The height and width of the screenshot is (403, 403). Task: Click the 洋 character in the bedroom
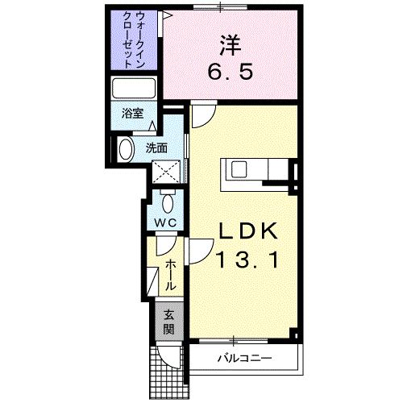[x=231, y=46]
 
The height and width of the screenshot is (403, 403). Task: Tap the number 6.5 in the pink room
[x=231, y=72]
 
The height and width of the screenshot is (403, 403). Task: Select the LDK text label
[x=248, y=231]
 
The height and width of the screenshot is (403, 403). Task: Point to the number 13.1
[x=248, y=260]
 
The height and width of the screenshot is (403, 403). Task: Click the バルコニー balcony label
[x=244, y=358]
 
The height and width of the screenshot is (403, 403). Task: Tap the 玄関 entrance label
[x=168, y=322]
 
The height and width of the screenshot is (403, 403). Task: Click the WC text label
[x=165, y=222]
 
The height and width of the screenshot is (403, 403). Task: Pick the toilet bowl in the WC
[x=168, y=204]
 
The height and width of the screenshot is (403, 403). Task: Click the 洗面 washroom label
[x=156, y=148]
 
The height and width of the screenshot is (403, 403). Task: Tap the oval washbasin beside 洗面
[x=126, y=149]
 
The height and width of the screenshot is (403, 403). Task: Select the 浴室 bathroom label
[x=133, y=113]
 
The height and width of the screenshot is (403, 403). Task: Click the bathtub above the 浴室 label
[x=134, y=88]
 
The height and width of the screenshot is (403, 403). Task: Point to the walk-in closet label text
[x=134, y=39]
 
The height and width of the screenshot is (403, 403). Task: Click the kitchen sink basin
[x=239, y=169]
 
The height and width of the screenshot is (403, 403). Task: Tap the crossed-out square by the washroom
[x=166, y=172]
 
